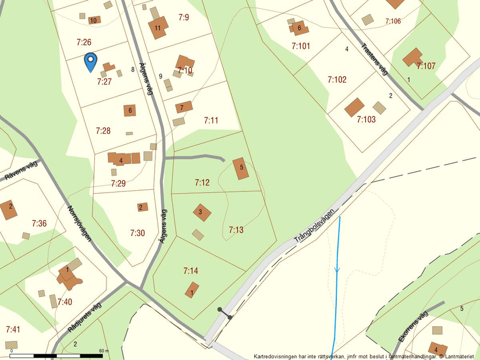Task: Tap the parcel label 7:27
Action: pos(104,82)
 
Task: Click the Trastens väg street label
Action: pos(374,60)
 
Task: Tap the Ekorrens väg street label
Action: pos(413,327)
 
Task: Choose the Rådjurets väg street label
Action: pos(84,318)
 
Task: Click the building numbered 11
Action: pos(158,27)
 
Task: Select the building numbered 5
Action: pos(240,168)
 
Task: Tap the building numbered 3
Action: pos(201,213)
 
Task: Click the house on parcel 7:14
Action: pos(192,290)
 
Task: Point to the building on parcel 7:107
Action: pos(413,57)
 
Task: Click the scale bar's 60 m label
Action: pos(104,351)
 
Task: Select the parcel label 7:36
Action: pos(39,223)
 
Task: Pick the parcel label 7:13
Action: pos(236,230)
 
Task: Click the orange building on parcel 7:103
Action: pos(354,107)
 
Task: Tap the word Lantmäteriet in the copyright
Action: pos(460,356)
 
